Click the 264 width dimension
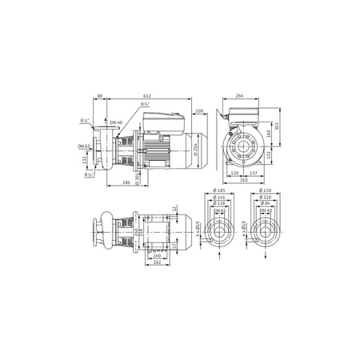click(239, 94)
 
